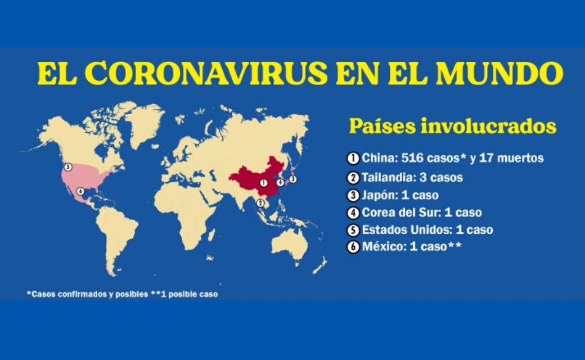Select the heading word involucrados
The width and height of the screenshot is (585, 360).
[x=489, y=126]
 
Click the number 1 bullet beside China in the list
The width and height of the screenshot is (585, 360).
[x=353, y=158]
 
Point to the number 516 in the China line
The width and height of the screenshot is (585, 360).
[x=412, y=158]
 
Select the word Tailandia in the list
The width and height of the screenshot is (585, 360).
[x=388, y=177]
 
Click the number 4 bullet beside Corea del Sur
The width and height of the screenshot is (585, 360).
[x=353, y=213]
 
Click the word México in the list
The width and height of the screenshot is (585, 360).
[x=384, y=246]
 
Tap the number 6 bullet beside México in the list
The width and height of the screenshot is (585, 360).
[x=353, y=247]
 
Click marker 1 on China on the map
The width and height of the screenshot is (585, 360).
[x=264, y=183]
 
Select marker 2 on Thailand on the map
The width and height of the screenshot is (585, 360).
[x=260, y=203]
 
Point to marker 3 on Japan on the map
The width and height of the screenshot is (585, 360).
[x=293, y=179]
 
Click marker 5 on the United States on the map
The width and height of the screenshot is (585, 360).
[x=67, y=166]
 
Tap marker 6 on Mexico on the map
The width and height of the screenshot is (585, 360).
[x=80, y=191]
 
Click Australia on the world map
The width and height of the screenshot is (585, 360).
[x=291, y=244]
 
